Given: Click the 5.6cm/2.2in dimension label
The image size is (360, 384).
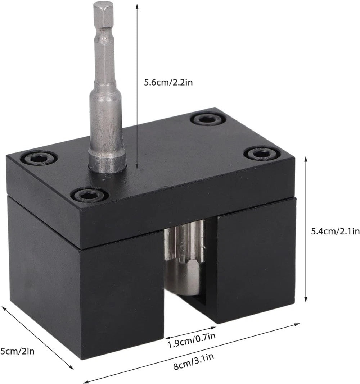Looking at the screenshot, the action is [168, 82].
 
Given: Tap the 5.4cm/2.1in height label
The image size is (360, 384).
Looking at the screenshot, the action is [335, 231].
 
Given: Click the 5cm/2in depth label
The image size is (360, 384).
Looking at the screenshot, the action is [17, 351].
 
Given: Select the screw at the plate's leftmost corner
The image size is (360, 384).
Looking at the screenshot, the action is [39, 159].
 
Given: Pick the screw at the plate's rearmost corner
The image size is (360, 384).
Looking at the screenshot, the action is [208, 119].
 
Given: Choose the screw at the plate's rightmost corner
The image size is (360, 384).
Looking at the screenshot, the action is [262, 154].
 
